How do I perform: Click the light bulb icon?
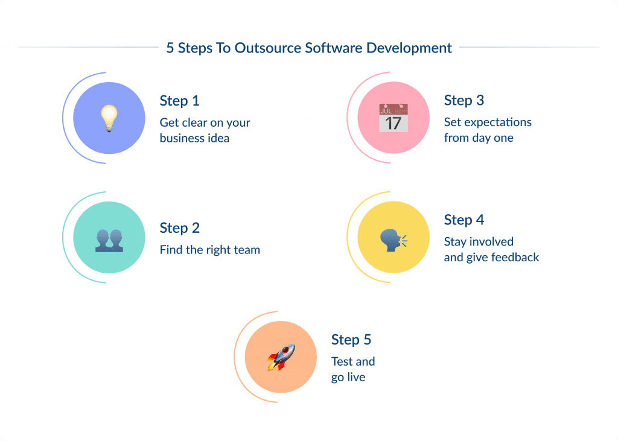[x=109, y=118]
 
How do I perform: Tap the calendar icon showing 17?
[x=393, y=118]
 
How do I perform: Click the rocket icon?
[x=281, y=357]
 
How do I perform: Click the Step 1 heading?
[x=179, y=101]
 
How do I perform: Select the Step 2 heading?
[x=179, y=228]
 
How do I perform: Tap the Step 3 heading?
[x=464, y=100]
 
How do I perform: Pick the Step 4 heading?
[x=464, y=220]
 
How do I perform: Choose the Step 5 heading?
[x=351, y=340]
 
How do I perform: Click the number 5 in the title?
[x=170, y=48]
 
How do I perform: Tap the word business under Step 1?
[x=180, y=138]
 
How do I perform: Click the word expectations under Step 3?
[x=497, y=122]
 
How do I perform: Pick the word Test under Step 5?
[x=342, y=361]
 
